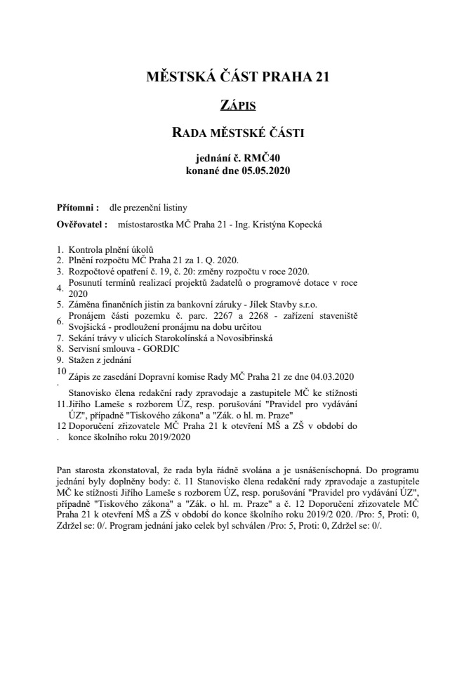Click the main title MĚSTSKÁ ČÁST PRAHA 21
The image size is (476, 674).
click(237, 77)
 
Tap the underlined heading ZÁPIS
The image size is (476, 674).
click(237, 105)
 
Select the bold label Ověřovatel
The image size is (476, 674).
click(81, 225)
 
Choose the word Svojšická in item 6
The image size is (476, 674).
click(89, 327)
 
